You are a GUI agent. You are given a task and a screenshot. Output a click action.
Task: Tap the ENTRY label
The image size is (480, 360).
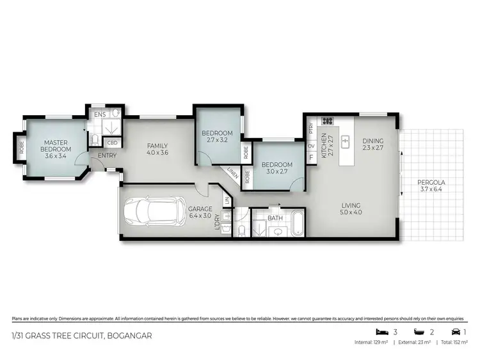(106, 155)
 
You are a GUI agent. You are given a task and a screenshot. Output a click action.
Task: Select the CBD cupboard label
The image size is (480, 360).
(112, 143)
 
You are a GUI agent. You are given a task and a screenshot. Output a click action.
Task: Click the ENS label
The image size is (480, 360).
(100, 115)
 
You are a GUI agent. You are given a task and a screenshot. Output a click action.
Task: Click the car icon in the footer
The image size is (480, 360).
(454, 331)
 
